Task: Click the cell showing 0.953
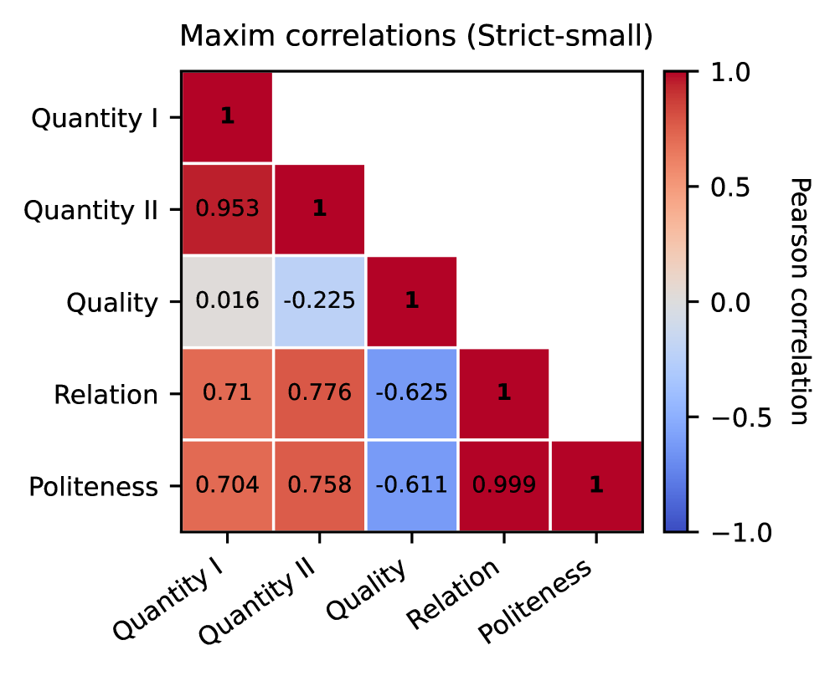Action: coord(227,209)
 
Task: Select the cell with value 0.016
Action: coord(227,301)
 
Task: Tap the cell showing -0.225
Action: coord(319,301)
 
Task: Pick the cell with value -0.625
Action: coord(411,393)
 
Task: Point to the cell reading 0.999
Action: coord(503,485)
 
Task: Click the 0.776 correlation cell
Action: coord(319,393)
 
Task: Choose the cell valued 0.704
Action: coord(227,485)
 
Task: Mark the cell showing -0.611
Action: coord(411,485)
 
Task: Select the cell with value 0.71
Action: coord(227,393)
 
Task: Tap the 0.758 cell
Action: coord(319,485)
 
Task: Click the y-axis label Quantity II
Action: coord(90,210)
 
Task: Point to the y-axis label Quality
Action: coord(112,302)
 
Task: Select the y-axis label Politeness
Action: coord(93,486)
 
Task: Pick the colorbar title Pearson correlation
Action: coord(799,301)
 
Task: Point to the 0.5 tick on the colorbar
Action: coord(730,187)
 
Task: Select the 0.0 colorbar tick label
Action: coord(730,302)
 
